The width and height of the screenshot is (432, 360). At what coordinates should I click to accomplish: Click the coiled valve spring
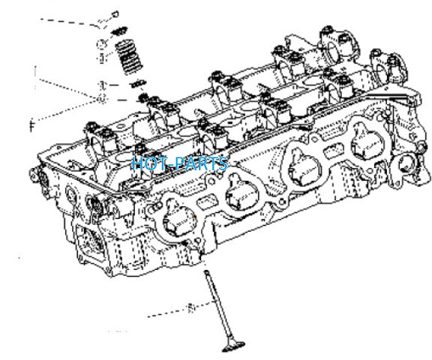click(129, 57)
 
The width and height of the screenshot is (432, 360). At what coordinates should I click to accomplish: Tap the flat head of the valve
click(233, 347)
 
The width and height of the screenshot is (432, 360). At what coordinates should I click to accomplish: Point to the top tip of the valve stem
click(206, 271)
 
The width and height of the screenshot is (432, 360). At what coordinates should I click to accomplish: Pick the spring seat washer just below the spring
click(137, 83)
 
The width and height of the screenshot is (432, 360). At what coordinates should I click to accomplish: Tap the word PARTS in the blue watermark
click(202, 163)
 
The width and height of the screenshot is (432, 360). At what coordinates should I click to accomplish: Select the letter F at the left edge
click(32, 125)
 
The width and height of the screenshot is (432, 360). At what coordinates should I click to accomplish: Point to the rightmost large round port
click(367, 142)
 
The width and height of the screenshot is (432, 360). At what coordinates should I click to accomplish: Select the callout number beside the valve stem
click(190, 308)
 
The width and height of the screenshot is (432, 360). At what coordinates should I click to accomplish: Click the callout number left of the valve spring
click(102, 58)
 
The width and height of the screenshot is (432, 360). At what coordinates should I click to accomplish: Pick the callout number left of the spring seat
click(102, 85)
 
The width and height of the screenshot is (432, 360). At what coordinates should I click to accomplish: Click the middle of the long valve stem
click(217, 306)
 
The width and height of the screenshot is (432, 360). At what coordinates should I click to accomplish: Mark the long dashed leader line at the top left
click(70, 22)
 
